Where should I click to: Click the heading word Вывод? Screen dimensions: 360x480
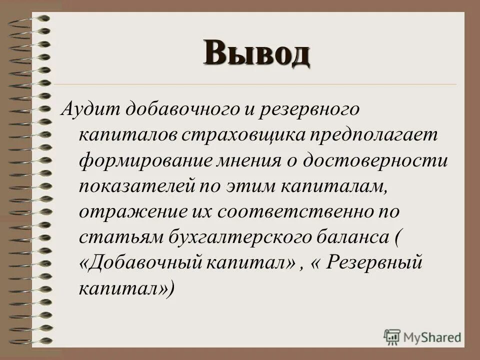[x=256, y=54]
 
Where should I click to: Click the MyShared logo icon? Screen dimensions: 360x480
[x=392, y=336]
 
